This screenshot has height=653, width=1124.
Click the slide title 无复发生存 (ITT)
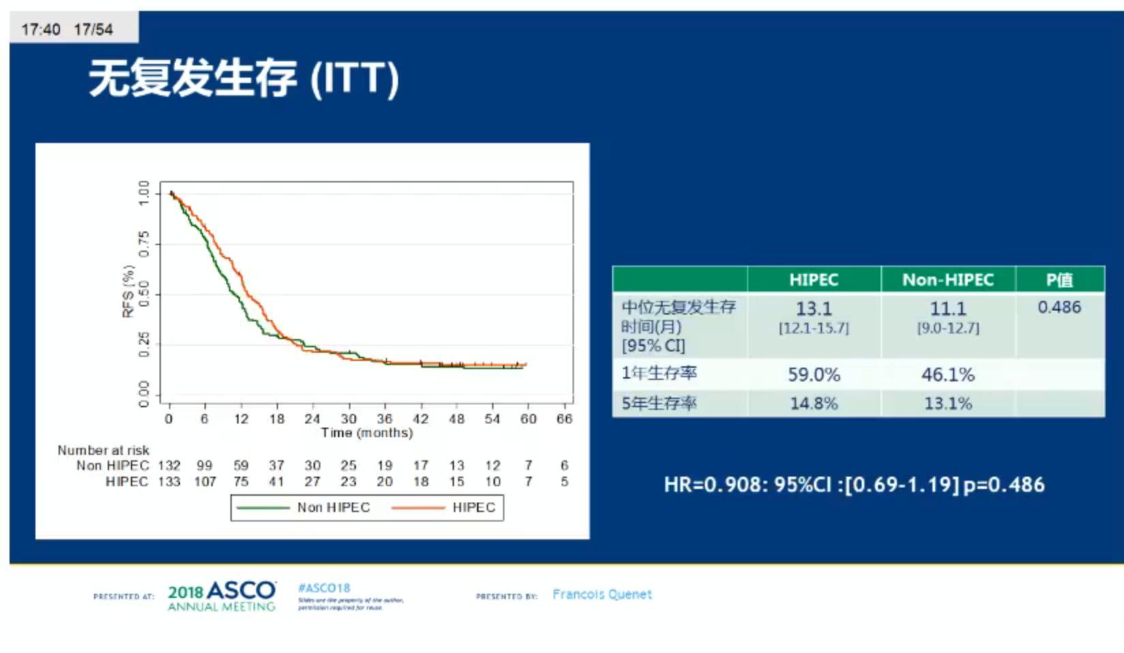pyautogui.click(x=243, y=78)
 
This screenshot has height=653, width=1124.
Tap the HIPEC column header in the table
pyautogui.click(x=813, y=280)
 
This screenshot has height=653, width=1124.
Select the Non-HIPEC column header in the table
pyautogui.click(x=947, y=280)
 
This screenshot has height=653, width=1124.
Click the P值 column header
pyautogui.click(x=1059, y=280)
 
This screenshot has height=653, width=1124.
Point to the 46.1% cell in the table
pyautogui.click(x=948, y=375)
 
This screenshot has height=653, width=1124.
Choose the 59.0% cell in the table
pyautogui.click(x=814, y=375)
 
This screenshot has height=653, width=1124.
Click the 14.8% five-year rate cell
pyautogui.click(x=814, y=404)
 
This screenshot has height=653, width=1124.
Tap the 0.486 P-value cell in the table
pyautogui.click(x=1059, y=307)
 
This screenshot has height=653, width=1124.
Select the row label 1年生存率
pyautogui.click(x=659, y=373)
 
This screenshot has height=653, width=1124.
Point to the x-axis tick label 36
pyautogui.click(x=384, y=419)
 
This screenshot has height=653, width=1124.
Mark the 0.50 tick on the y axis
pyautogui.click(x=144, y=294)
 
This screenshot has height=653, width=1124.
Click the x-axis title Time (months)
pyautogui.click(x=367, y=433)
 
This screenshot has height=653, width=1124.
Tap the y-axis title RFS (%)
pyautogui.click(x=128, y=291)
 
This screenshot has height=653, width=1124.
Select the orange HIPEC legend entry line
pyautogui.click(x=418, y=508)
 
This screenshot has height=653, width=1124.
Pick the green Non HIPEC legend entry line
pyautogui.click(x=263, y=508)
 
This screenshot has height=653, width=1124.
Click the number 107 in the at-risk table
pyautogui.click(x=204, y=482)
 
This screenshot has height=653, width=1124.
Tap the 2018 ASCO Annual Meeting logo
pyautogui.click(x=222, y=596)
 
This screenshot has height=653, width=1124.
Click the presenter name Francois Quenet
pyautogui.click(x=602, y=594)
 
